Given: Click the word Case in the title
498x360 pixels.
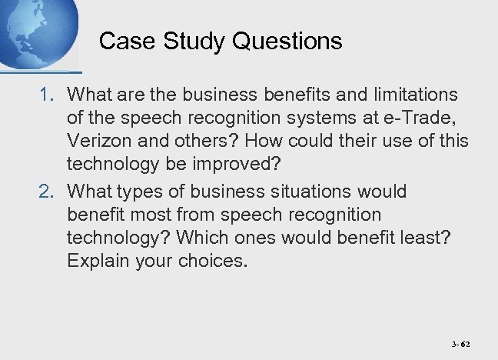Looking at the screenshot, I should pyautogui.click(x=122, y=41).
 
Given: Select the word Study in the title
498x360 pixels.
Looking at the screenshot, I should pyautogui.click(x=183, y=41).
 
